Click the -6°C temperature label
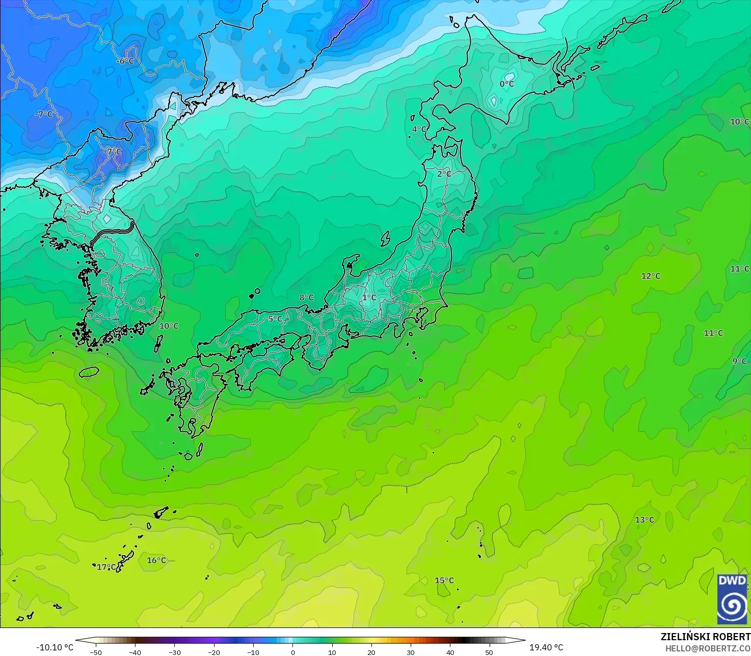(125, 61)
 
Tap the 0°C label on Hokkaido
(506, 84)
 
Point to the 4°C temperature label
(419, 129)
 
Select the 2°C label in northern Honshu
(444, 174)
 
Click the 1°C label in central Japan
(369, 298)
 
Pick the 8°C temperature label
(306, 298)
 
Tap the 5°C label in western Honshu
(275, 319)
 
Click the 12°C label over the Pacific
(651, 276)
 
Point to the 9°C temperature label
(740, 361)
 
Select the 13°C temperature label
(645, 520)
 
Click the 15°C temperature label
(444, 581)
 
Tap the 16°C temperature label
(156, 561)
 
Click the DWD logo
(732, 599)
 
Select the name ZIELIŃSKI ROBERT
(705, 637)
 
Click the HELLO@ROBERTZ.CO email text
(708, 648)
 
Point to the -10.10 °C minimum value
(55, 647)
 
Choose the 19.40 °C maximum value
(546, 647)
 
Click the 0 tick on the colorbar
(292, 652)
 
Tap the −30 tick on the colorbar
(175, 652)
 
